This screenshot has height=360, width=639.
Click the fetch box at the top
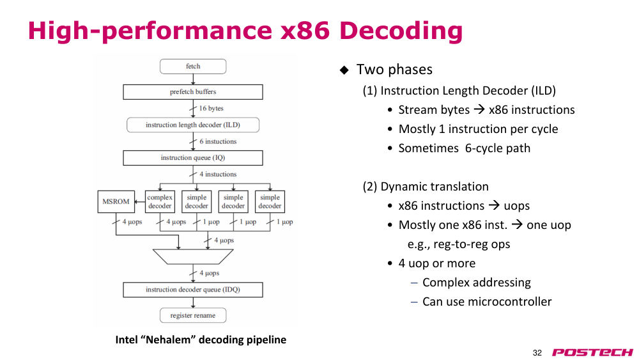[193, 67]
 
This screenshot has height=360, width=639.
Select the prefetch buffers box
[193, 91]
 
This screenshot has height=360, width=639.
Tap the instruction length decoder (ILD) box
[193, 125]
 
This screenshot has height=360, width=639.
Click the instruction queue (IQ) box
[193, 158]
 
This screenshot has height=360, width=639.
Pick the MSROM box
[116, 201]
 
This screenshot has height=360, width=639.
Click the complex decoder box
[160, 201]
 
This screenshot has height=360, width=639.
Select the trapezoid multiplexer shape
[193, 257]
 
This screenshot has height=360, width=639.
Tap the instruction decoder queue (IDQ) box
[193, 290]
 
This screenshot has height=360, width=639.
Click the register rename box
[193, 315]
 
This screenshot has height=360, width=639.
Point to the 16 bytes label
[211, 108]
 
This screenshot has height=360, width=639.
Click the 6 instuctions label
[218, 141]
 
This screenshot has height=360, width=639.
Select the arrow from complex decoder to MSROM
[140, 201]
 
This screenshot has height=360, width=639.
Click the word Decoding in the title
[401, 31]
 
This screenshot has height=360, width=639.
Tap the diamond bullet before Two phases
[344, 70]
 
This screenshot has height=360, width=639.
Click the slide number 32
[537, 353]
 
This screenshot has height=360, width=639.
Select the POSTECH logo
[592, 352]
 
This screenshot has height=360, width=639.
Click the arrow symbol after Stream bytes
[479, 110]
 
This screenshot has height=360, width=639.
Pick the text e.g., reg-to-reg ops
[459, 244]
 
